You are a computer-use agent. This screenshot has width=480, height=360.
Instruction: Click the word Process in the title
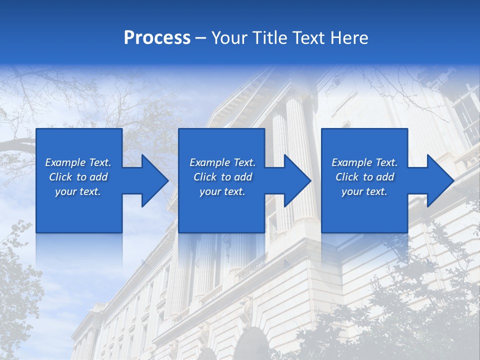pyautogui.click(x=157, y=38)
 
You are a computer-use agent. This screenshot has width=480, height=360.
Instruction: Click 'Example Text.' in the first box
pyautogui.click(x=78, y=162)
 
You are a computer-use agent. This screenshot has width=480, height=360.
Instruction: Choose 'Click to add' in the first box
pyautogui.click(x=78, y=177)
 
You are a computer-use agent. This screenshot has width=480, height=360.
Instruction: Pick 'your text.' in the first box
pyautogui.click(x=78, y=191)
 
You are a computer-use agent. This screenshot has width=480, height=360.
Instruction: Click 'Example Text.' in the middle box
pyautogui.click(x=222, y=162)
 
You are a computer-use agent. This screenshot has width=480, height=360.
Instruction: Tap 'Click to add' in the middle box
pyautogui.click(x=222, y=177)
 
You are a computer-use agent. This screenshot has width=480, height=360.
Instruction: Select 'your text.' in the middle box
pyautogui.click(x=222, y=191)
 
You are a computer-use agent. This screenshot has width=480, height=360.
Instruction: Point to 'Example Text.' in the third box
pyautogui.click(x=364, y=162)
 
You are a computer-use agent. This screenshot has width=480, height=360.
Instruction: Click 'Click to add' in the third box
pyautogui.click(x=364, y=177)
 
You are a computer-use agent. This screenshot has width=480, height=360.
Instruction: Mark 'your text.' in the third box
pyautogui.click(x=364, y=191)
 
